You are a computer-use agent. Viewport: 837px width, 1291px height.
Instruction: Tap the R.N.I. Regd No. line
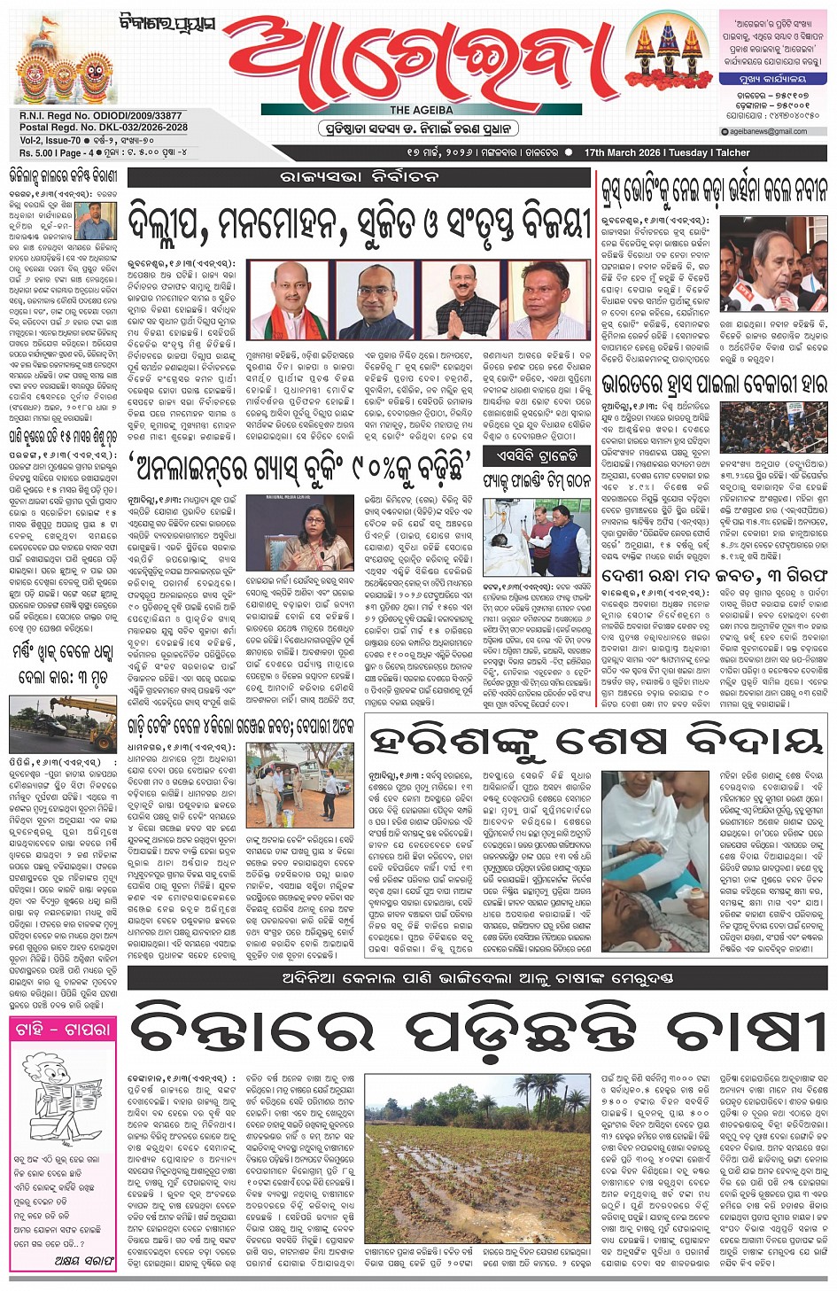(101, 116)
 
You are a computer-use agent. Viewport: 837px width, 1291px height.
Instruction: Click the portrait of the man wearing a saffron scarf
(291, 299)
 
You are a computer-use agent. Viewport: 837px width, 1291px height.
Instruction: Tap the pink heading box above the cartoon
(62, 1029)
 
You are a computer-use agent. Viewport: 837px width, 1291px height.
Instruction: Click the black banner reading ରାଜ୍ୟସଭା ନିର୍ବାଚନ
(359, 176)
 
